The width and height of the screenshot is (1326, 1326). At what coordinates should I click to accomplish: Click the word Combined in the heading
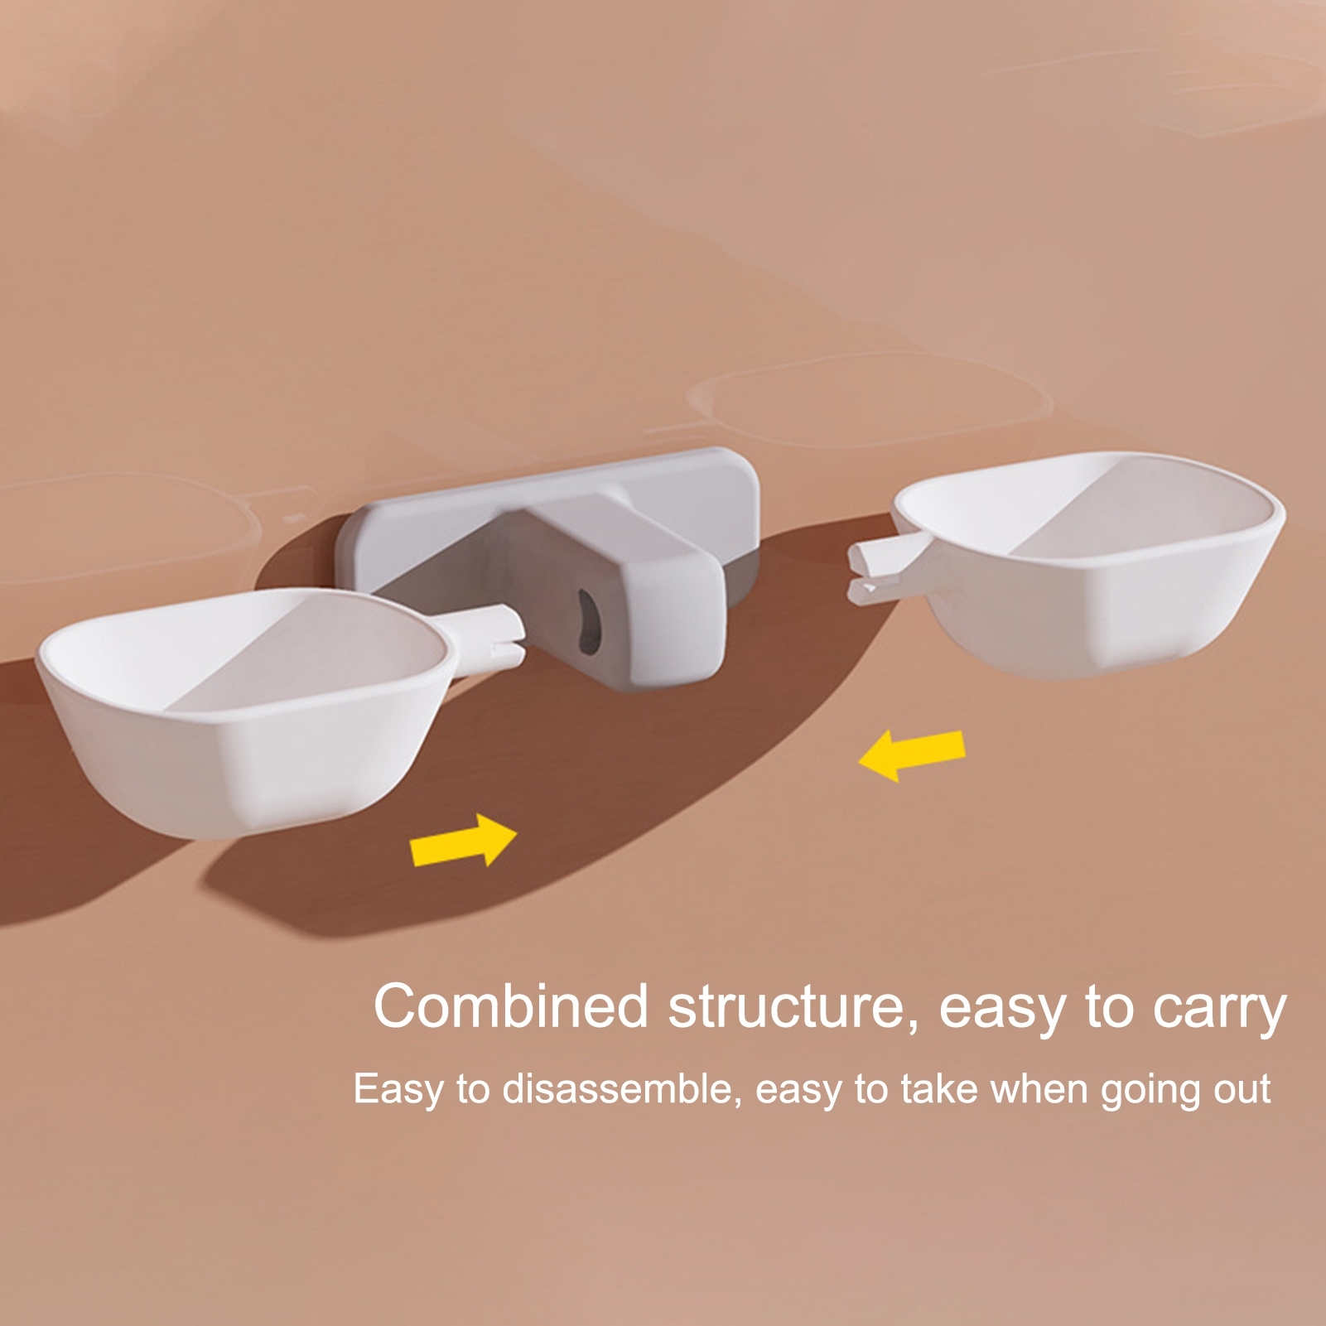[510, 1006]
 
